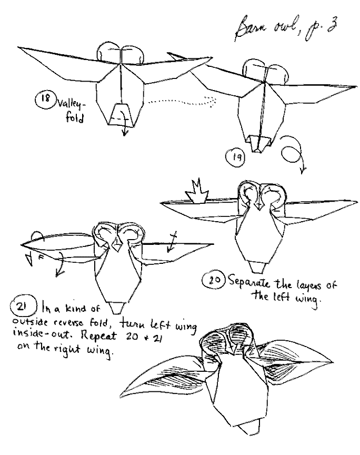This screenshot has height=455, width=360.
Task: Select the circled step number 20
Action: point(213,280)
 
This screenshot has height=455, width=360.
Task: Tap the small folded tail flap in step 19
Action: point(259,142)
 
